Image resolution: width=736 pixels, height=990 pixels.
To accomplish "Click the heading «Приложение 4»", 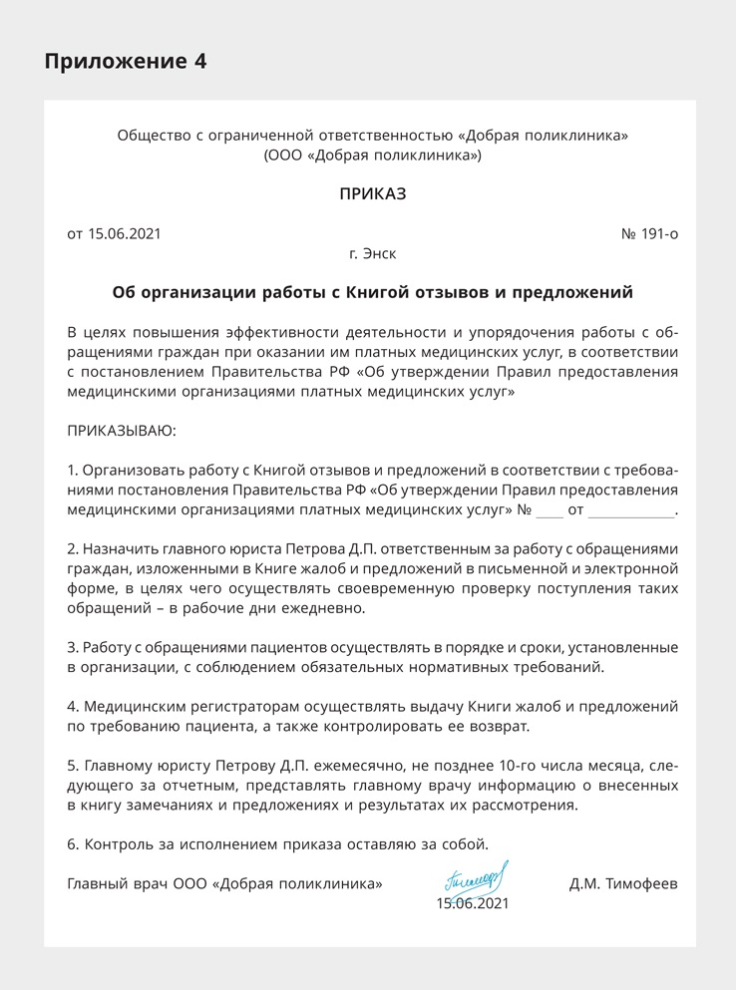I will [x=126, y=61].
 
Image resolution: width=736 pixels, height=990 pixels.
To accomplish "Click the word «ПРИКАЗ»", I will [x=373, y=194].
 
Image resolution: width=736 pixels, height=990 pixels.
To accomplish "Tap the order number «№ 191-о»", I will [x=649, y=234].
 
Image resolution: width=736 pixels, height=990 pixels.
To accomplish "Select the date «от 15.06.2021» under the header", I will [x=114, y=234].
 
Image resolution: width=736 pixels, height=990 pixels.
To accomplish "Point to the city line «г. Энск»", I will [x=373, y=254].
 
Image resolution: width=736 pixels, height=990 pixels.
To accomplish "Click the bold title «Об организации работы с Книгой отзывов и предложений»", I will [x=373, y=293].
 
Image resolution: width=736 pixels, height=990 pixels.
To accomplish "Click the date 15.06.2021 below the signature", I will [x=473, y=903].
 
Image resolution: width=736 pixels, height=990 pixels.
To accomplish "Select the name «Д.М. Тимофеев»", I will [x=623, y=883].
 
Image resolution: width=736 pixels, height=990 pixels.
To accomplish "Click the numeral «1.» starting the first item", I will [x=72, y=470].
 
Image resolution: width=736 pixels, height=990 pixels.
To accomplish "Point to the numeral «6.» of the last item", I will [x=73, y=844].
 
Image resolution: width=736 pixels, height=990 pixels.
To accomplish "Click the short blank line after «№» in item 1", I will [x=550, y=512].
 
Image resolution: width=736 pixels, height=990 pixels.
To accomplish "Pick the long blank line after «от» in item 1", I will [x=630, y=512].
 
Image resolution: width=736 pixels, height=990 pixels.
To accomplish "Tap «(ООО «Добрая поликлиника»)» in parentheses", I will [x=373, y=156].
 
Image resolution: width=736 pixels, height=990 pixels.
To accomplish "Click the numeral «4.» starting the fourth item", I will [x=73, y=706].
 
